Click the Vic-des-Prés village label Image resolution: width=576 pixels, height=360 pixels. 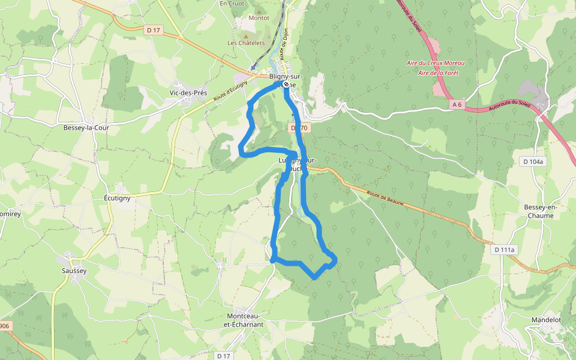(x=188, y=93)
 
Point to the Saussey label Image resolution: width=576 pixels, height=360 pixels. (x=74, y=271)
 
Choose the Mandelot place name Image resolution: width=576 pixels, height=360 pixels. (x=546, y=320)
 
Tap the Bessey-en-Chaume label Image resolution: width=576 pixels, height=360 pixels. (x=541, y=211)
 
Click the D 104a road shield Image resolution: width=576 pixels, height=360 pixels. (x=532, y=161)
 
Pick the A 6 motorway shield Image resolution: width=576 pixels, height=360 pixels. (x=457, y=104)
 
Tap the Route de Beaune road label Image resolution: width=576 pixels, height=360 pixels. (x=385, y=198)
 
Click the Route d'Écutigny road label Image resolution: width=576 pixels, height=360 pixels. (x=230, y=93)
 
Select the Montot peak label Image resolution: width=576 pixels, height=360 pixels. (x=259, y=18)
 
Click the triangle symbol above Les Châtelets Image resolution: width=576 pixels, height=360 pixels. (x=245, y=35)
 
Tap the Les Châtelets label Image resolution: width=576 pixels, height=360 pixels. (x=246, y=43)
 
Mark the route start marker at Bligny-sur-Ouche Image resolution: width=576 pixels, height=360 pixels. (x=286, y=85)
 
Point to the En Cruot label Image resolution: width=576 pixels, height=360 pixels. (x=232, y=3)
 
